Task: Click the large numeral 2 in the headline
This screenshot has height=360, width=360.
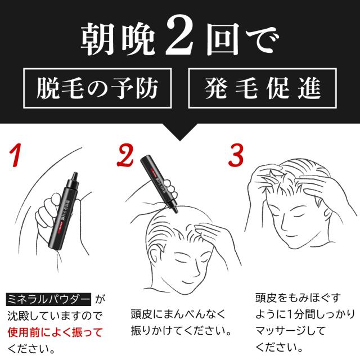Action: [x=180, y=35]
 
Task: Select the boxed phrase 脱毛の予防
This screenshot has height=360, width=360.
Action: [x=97, y=88]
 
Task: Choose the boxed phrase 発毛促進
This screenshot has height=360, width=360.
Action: [x=263, y=88]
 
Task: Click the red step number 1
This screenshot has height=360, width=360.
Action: [x=16, y=155]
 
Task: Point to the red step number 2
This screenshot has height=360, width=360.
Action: [x=125, y=155]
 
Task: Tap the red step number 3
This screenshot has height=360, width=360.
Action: [x=236, y=155]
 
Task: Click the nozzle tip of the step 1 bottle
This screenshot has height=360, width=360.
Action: [x=74, y=175]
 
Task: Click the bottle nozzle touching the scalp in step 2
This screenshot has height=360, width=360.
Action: [x=175, y=209]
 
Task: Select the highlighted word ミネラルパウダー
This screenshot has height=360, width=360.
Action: [x=48, y=299]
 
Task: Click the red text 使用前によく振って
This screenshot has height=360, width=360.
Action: [x=55, y=332]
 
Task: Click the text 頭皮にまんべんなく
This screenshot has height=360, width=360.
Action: [x=178, y=314]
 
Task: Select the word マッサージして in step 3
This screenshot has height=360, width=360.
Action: [x=290, y=331]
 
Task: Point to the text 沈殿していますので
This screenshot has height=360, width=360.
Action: [x=55, y=316]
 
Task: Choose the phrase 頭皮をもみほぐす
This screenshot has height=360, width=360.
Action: [x=298, y=298]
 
